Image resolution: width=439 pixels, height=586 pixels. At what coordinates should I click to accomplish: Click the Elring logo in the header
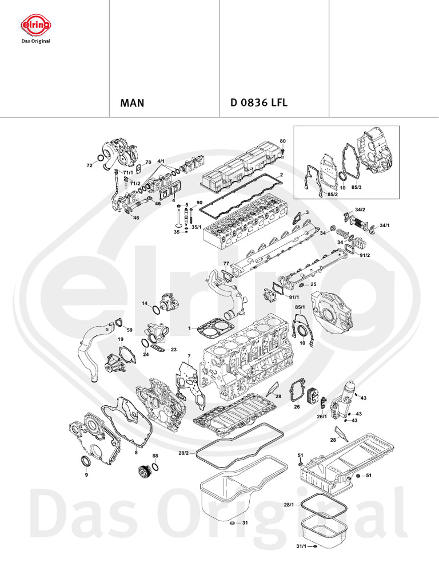point(36,26)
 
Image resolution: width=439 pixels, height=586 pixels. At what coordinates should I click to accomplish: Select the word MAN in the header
point(132,104)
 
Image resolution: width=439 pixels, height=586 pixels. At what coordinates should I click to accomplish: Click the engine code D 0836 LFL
point(258,104)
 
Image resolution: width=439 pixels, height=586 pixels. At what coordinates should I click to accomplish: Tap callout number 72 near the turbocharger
point(89,165)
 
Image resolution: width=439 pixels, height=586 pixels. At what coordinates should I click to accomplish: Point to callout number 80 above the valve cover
point(282,141)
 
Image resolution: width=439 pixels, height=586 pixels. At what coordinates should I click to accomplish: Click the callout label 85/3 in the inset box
point(357,187)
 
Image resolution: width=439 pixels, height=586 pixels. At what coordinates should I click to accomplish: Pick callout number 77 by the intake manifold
point(226,264)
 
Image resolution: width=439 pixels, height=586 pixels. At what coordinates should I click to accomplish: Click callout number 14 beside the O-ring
point(145,303)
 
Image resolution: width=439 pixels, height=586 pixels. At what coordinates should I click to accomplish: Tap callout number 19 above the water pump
point(121,339)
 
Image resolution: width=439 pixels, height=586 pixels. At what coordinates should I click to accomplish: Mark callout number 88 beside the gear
point(155,456)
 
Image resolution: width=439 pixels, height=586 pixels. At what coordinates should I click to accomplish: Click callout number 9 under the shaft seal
point(86,474)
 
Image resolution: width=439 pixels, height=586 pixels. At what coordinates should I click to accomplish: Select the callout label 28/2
point(183,453)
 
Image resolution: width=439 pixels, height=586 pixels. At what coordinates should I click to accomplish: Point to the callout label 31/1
point(301,547)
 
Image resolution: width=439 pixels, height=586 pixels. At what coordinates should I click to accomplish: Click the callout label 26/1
point(322,416)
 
